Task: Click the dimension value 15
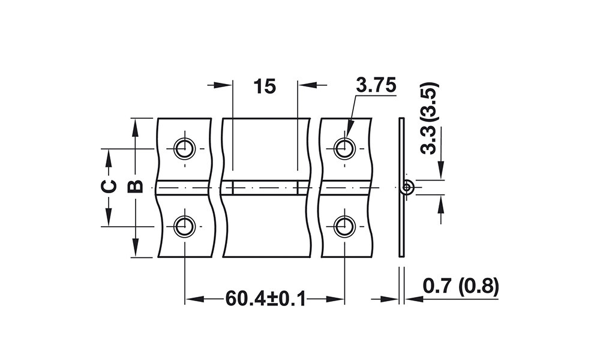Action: pos(265,86)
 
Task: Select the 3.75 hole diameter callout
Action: pos(376,85)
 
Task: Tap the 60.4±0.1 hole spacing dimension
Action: pos(266,298)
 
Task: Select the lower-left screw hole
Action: pos(185,226)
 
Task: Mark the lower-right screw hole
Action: pos(345,226)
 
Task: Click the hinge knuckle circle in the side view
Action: pos(408,187)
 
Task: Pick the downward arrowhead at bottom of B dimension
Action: pos(135,247)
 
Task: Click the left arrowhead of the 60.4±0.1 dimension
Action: pos(195,299)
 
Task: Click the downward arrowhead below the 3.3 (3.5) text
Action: pos(441,170)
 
